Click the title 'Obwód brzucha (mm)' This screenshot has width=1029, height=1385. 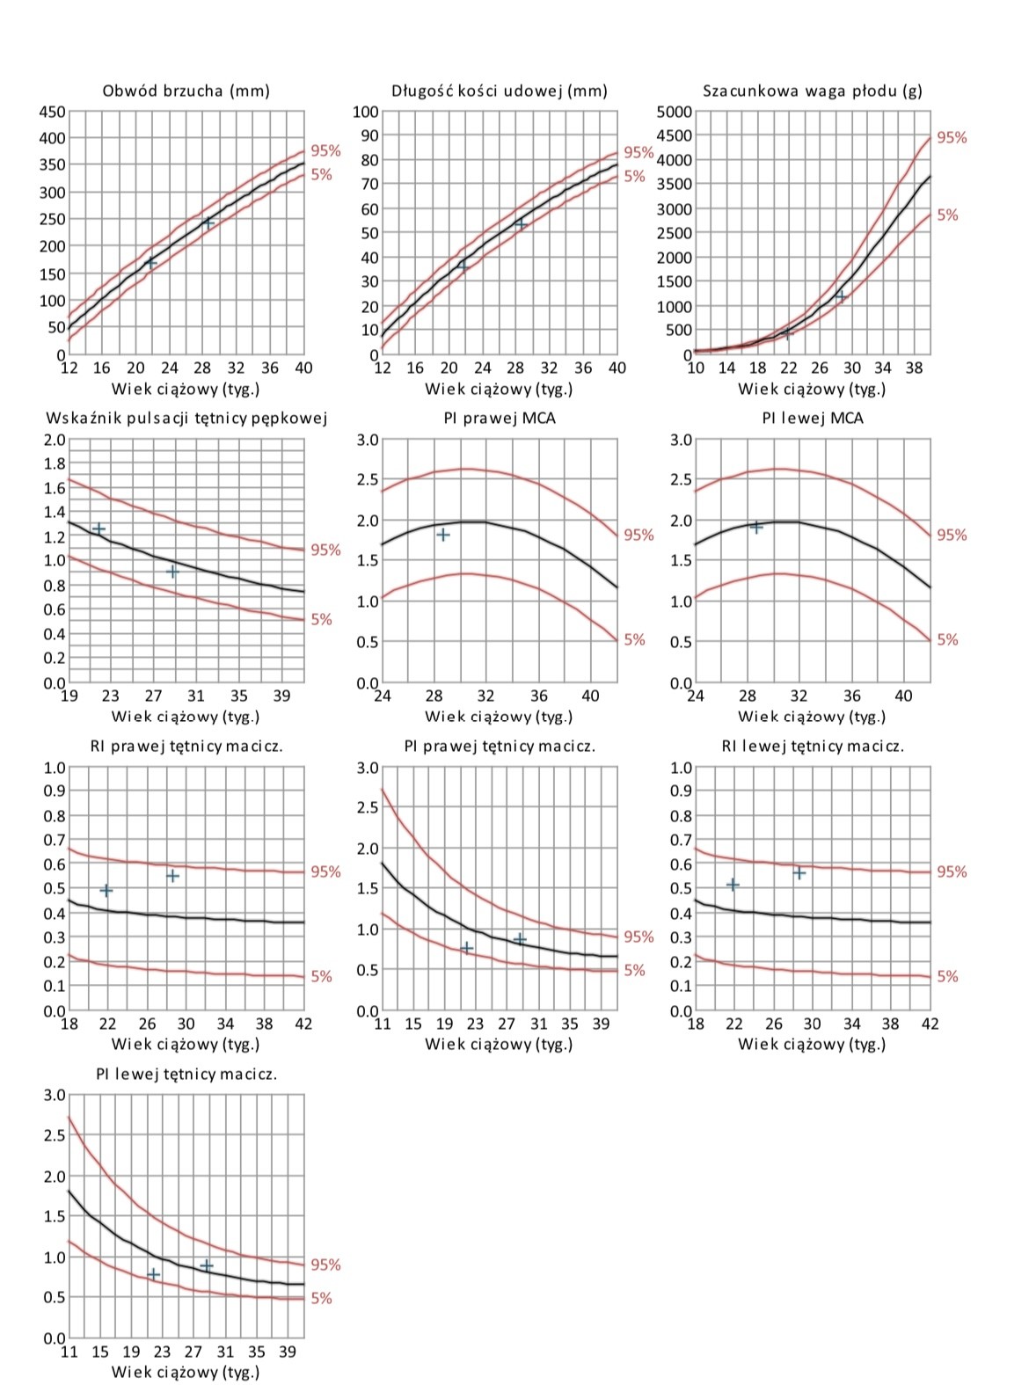point(186,91)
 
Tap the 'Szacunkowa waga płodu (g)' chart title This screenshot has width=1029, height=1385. point(812,91)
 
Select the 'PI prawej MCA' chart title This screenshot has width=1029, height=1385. point(500,418)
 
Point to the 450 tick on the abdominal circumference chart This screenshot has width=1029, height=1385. point(52,112)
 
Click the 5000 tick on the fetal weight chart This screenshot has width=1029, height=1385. point(675,112)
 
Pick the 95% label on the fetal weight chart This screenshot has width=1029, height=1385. point(952,137)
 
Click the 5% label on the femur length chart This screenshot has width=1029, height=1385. point(634,176)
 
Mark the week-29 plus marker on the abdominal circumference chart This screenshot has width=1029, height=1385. point(208,222)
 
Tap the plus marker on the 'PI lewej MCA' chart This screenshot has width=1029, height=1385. point(755,527)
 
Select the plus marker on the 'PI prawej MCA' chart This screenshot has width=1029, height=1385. point(443,535)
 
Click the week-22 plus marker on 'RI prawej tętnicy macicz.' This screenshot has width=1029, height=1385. point(106,890)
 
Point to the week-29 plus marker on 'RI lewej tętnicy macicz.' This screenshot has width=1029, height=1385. point(799,873)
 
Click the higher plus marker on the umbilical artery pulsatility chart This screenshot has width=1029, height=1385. point(99,528)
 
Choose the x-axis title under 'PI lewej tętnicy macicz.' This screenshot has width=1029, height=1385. point(186,1372)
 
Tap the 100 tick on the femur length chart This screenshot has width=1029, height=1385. point(366,112)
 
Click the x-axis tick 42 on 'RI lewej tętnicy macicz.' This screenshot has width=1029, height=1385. point(930,1024)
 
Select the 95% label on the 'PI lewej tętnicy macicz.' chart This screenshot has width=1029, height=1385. point(325,1265)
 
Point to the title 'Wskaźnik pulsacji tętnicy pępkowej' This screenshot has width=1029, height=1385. point(186,418)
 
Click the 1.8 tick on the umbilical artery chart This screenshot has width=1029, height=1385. point(55,463)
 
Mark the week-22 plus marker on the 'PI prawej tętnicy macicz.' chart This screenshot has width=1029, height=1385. point(466,948)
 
